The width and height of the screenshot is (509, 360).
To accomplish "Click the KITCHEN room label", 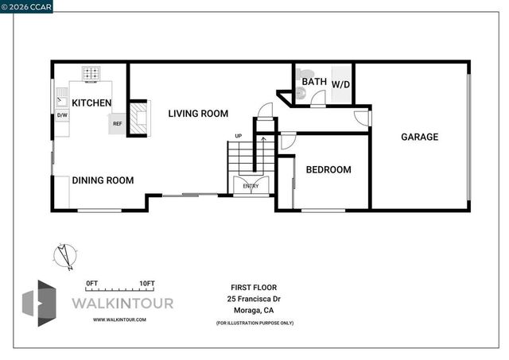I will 91,103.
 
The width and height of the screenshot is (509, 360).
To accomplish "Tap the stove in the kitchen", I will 92,74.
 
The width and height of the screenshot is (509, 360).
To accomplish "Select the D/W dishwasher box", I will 62,116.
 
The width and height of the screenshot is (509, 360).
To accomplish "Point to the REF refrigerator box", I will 117,123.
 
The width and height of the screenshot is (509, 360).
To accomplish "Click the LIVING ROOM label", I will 198,114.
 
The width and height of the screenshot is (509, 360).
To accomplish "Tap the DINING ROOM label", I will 103,180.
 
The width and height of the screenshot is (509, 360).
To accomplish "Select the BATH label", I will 313,81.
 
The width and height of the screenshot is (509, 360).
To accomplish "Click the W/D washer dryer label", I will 340,83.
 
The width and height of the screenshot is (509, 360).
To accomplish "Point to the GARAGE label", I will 419,137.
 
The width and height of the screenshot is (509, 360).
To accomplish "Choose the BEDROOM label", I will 328,169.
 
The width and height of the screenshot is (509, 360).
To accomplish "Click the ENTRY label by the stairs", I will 251,186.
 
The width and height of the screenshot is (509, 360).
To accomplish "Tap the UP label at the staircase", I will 238,136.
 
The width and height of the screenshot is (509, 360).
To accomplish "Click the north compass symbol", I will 61,254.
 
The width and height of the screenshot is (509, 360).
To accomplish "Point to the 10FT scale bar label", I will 146,284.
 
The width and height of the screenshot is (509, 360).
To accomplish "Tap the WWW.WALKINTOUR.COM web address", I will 119,319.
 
